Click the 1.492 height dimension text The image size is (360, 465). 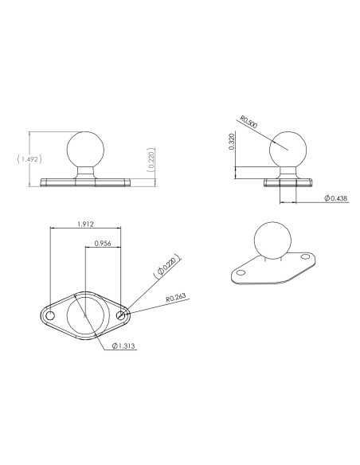tap(28, 158)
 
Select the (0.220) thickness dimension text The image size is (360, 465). tap(151, 159)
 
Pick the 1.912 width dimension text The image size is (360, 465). tap(85, 225)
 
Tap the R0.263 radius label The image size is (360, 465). tap(177, 299)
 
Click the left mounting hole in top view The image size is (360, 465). tap(50, 316)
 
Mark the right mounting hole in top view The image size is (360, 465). tap(121, 316)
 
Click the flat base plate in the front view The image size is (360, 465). tap(85, 182)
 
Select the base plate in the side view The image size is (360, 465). tap(286, 182)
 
